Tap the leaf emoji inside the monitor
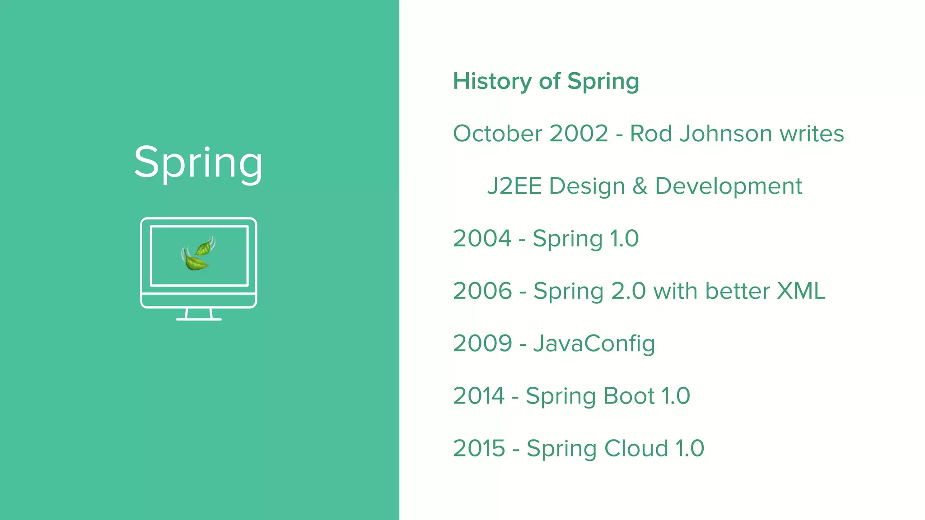coord(198,254)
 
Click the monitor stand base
coord(199,319)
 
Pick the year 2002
coord(579,134)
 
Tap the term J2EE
coord(514,186)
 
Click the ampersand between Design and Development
coord(640,186)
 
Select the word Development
coord(728,186)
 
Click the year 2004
coord(482,238)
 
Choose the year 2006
coord(482,291)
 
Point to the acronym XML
coord(801,291)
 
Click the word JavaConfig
coord(594,344)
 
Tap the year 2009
coord(482,344)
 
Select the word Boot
coord(629,396)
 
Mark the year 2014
coord(479,396)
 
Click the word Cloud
coord(636,448)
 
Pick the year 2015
coord(479,448)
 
